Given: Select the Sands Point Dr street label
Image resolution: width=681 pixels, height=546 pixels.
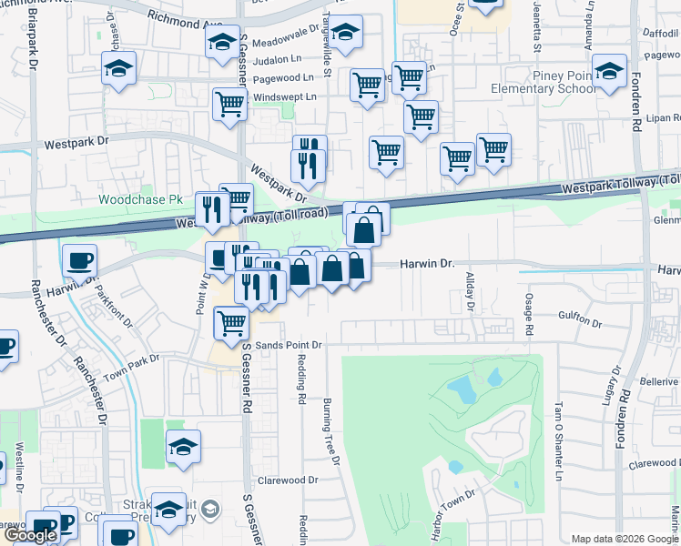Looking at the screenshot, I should point(289,346).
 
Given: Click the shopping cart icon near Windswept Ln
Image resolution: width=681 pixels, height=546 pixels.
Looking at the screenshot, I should point(230,105).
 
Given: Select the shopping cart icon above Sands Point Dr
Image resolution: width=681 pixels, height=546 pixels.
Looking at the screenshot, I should point(232,322).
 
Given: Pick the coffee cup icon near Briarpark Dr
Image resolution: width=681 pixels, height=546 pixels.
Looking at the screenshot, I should point(79,260).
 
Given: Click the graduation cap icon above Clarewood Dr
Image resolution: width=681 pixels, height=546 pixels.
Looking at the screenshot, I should point(183,447).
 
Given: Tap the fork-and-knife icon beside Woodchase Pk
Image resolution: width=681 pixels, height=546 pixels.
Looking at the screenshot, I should point(212,209).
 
